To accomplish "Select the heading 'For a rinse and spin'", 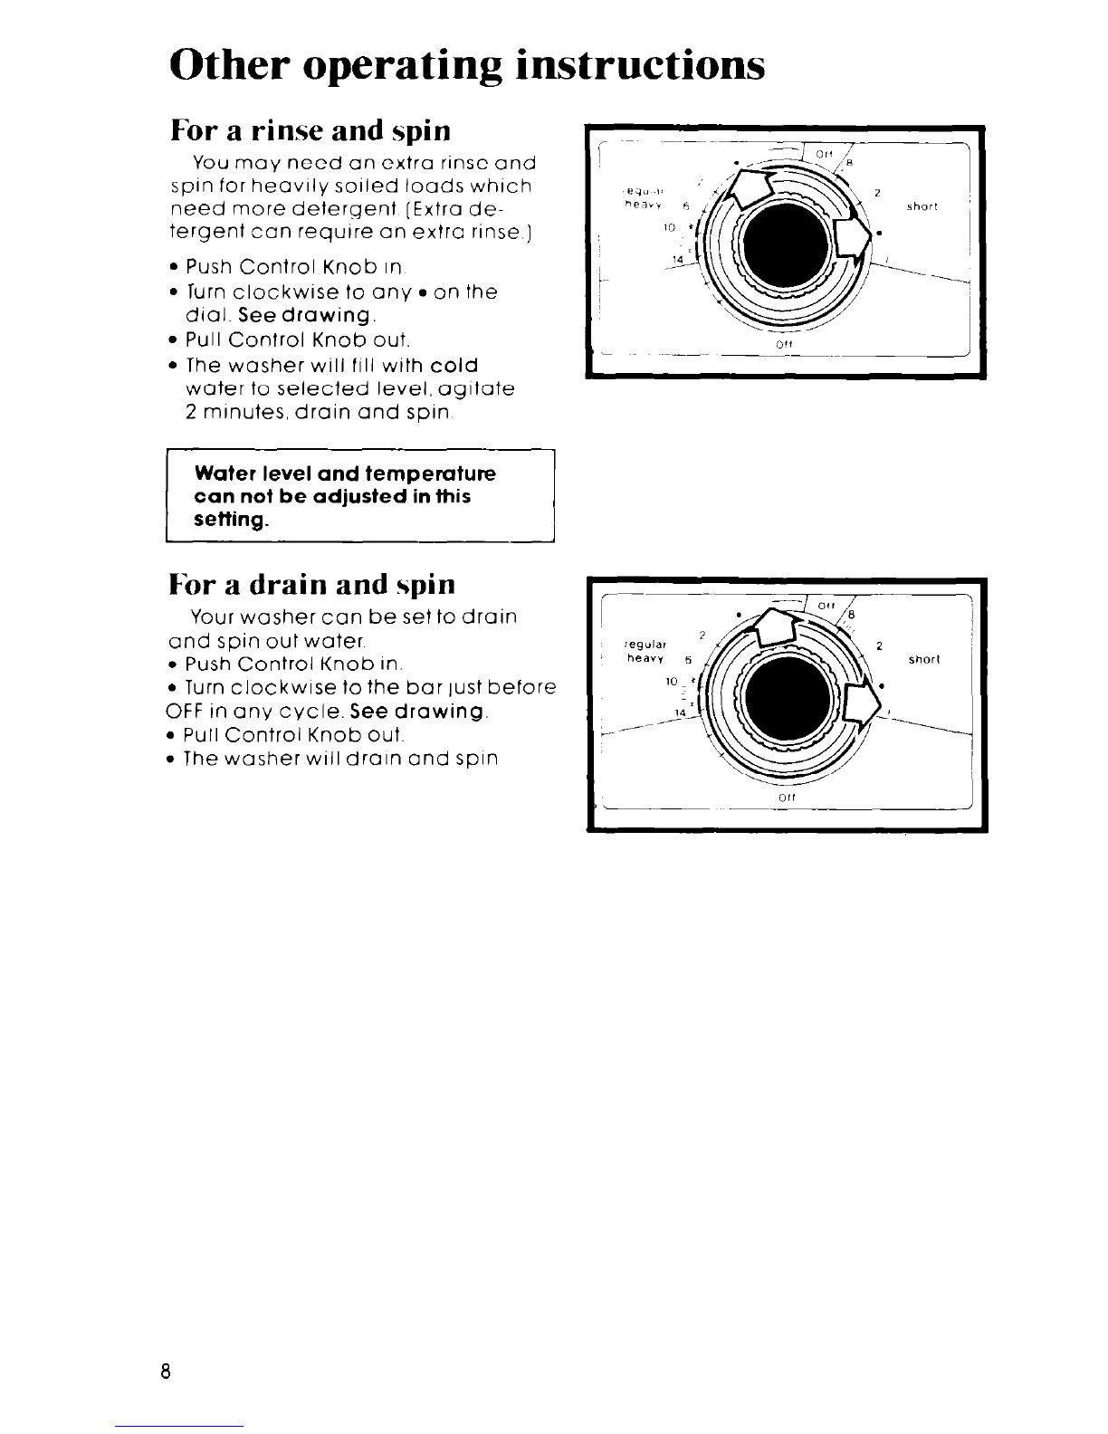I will (310, 131).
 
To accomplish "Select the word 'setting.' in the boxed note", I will (232, 521).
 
